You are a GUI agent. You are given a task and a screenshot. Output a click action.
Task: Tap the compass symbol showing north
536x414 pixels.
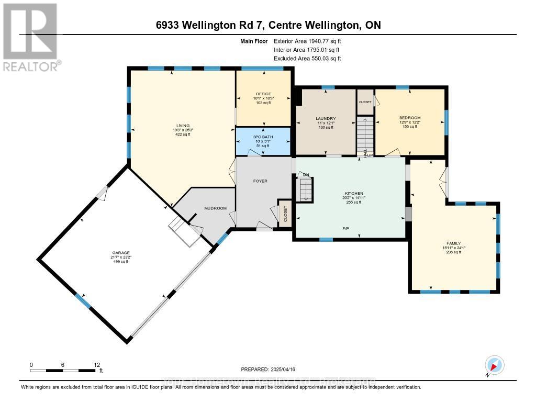click(494, 365)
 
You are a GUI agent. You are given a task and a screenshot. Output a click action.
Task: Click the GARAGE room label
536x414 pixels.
click(120, 253)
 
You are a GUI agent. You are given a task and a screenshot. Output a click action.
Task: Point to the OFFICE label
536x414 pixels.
click(263, 94)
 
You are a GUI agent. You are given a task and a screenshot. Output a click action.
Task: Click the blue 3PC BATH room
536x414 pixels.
click(263, 141)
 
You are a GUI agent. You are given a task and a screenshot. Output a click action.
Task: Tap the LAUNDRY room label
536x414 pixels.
click(326, 119)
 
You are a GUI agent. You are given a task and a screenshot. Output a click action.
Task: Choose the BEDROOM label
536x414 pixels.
click(410, 118)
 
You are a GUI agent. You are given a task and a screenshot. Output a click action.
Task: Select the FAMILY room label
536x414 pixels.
click(453, 243)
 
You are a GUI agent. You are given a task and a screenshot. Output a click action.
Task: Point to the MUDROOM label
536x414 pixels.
click(215, 208)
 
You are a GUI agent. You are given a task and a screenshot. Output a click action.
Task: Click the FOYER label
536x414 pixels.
click(260, 181)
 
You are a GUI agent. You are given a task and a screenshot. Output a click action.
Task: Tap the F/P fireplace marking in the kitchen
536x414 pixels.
click(346, 229)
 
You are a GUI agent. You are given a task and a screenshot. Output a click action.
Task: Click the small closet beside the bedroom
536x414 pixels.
click(365, 102)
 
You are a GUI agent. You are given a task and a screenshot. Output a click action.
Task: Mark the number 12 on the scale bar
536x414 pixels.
click(96, 364)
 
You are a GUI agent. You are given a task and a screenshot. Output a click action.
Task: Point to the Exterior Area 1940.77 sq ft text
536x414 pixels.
click(308, 41)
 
